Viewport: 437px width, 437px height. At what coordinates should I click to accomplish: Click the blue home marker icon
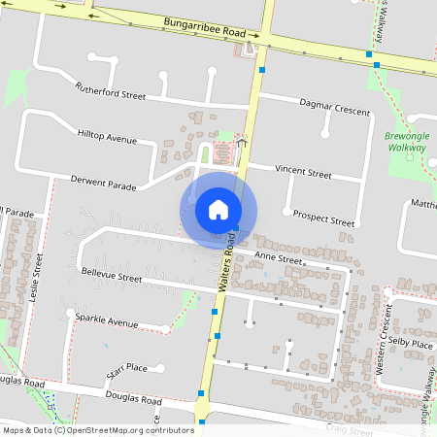[x=218, y=209]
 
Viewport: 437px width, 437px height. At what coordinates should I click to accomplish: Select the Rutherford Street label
[x=110, y=91]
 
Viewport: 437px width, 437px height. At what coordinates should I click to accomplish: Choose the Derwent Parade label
[x=104, y=182]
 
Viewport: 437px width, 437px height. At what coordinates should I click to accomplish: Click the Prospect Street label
[x=323, y=217]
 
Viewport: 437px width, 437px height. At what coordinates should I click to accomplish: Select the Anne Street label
[x=279, y=258]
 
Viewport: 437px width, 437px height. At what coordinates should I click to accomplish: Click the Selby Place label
[x=410, y=344]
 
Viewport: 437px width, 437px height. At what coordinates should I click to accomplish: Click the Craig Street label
[x=350, y=430]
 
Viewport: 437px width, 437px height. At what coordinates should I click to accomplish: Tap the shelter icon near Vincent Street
[x=241, y=143]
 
